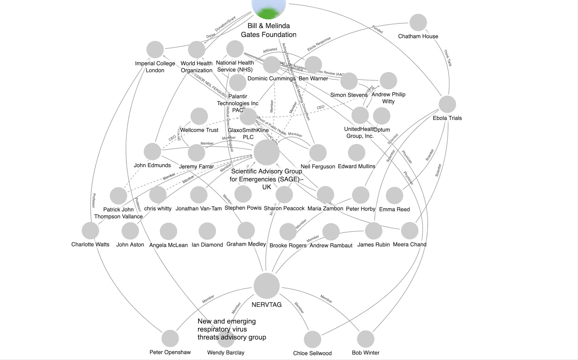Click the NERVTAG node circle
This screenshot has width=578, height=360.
266,286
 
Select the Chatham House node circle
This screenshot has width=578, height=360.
418,23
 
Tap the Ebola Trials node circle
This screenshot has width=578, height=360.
447,104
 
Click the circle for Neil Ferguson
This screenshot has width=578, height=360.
318,153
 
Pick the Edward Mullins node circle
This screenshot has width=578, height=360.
356,153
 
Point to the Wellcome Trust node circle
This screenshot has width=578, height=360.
199,116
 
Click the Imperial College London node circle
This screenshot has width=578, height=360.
155,50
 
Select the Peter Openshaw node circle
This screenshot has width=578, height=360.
170,338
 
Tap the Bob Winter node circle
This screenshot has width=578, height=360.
366,339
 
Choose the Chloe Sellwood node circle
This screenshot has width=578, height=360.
313,339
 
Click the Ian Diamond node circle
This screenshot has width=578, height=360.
207,231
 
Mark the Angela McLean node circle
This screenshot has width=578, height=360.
169,231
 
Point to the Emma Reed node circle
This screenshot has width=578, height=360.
394,195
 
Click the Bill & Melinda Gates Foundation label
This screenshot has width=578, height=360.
269,30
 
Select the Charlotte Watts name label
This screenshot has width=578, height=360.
90,244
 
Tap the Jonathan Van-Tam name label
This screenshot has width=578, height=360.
198,209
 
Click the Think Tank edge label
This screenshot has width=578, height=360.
448,58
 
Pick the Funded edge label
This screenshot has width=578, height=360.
377,30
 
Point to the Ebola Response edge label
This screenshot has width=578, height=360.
319,44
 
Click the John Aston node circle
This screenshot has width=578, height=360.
130,231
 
